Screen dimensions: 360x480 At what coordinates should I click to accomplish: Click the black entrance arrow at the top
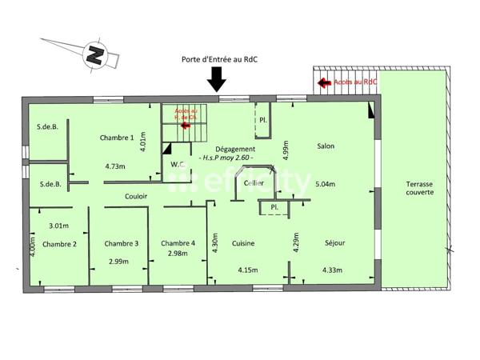[x=218, y=79]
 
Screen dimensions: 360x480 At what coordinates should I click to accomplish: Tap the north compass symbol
[x=96, y=54]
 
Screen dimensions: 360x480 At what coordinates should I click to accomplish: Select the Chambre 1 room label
[x=117, y=138]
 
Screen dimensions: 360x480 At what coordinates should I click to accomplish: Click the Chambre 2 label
[x=59, y=244]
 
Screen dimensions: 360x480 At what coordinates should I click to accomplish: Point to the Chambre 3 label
[x=122, y=244]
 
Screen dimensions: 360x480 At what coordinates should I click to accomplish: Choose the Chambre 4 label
[x=178, y=244]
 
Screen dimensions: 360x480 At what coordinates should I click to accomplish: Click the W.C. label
[x=178, y=165]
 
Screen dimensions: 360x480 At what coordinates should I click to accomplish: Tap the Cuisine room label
[x=244, y=244]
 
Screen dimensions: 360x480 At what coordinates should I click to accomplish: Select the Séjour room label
[x=336, y=244]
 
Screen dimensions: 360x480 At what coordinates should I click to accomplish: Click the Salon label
[x=326, y=146]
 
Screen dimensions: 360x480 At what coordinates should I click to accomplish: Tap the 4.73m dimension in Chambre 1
[x=117, y=167]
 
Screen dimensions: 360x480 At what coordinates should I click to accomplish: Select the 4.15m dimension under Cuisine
[x=250, y=270]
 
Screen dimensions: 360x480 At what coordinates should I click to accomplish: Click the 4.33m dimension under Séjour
[x=334, y=270]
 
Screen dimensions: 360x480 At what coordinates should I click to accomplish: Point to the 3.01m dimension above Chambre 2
[x=58, y=225]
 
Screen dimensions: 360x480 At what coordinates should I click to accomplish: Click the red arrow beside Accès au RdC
[x=325, y=82]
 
